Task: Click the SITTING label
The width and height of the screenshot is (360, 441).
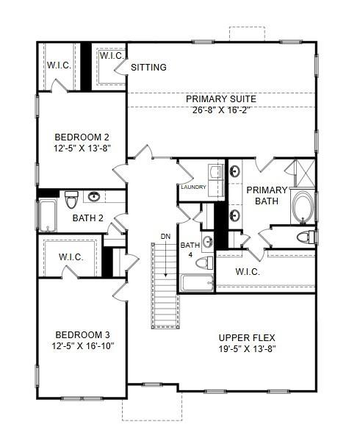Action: (148, 68)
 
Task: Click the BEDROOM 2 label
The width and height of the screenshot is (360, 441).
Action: (82, 137)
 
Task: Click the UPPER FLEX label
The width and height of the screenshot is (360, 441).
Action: (248, 337)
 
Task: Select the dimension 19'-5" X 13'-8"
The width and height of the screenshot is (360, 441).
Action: (248, 349)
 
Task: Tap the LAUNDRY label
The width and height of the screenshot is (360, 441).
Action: (193, 187)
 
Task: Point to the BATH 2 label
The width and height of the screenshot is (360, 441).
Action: (87, 218)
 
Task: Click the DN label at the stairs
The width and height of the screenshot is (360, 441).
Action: (165, 236)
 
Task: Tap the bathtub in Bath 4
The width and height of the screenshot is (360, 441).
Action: (195, 283)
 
